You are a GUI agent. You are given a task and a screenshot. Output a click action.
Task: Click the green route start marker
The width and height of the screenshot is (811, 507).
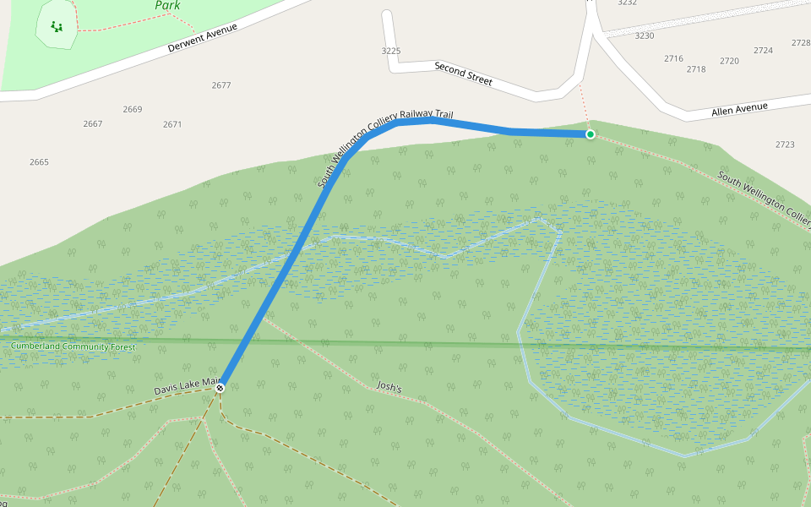tap(590, 134)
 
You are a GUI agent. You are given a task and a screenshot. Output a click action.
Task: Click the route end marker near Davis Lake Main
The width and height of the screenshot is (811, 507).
tap(220, 388)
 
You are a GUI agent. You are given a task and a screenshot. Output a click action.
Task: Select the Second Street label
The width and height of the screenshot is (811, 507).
tap(463, 74)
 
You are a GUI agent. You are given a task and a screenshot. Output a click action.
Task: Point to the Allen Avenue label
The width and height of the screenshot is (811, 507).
tap(739, 108)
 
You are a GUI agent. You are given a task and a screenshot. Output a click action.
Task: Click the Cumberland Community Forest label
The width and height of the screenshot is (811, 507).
tap(73, 346)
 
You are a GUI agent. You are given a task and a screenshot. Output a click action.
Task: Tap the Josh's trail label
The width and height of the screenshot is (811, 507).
tap(389, 387)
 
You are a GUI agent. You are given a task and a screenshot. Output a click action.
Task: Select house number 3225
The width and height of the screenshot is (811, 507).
tap(390, 52)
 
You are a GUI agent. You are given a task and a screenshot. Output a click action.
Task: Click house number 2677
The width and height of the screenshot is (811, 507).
tap(221, 85)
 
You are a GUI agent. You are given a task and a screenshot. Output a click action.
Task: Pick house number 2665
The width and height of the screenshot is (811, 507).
tap(39, 162)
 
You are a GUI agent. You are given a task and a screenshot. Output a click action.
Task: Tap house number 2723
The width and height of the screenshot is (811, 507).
tap(785, 144)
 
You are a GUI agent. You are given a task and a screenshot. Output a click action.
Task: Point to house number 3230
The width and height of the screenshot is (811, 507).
tap(645, 35)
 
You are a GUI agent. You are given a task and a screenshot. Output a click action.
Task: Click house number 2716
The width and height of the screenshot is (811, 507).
tap(673, 58)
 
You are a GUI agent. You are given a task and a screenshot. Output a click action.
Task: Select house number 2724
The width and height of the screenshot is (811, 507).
tap(763, 51)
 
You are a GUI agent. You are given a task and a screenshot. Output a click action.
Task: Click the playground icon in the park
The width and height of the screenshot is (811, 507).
tap(57, 26)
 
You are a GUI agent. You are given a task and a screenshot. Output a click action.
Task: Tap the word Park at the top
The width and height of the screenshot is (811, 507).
tap(167, 6)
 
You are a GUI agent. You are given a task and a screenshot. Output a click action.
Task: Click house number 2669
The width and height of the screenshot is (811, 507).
tap(133, 109)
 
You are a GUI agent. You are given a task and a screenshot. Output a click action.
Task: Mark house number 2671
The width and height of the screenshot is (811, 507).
tap(172, 124)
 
